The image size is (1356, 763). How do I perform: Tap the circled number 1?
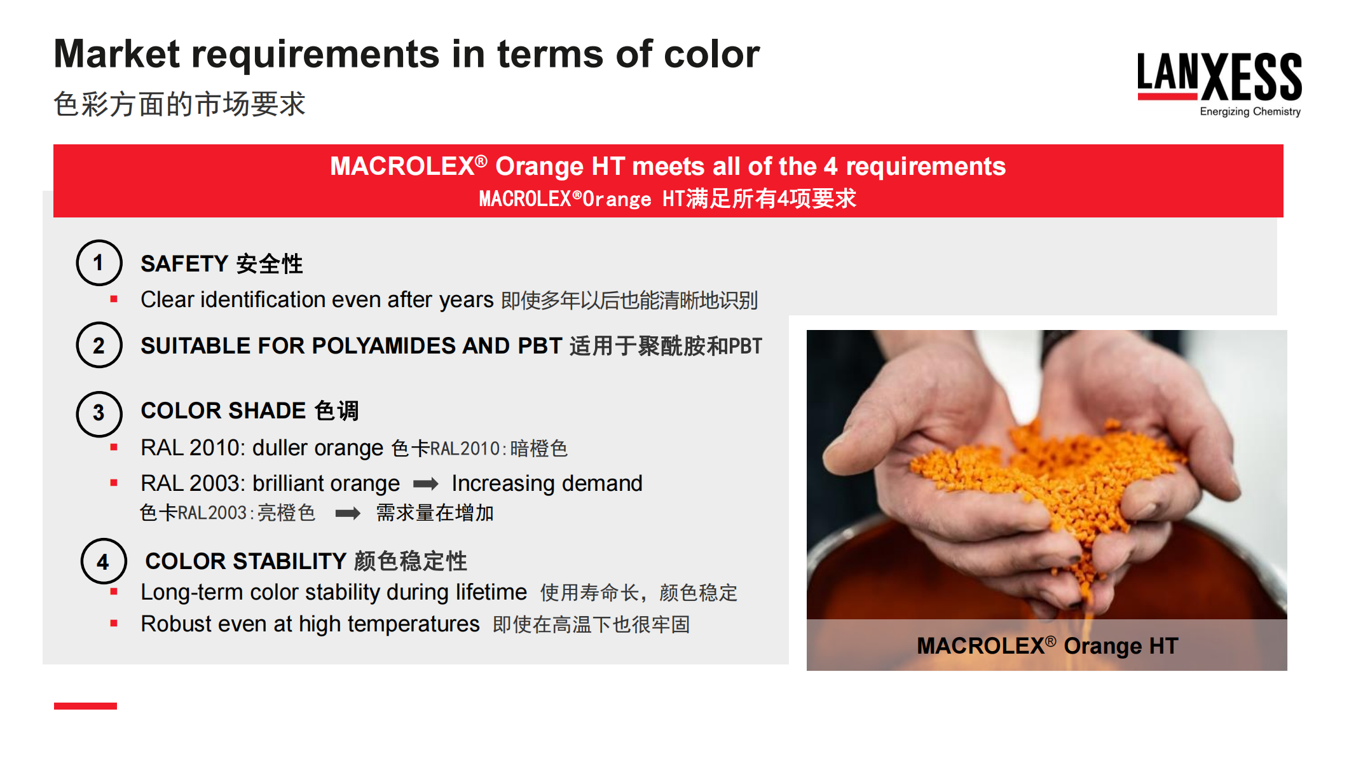pyautogui.click(x=99, y=263)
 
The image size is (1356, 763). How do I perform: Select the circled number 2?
pyautogui.click(x=99, y=345)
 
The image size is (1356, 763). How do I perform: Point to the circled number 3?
pyautogui.click(x=99, y=413)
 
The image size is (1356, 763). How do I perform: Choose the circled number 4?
pyautogui.click(x=103, y=561)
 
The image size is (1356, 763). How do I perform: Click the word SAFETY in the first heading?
pyautogui.click(x=184, y=264)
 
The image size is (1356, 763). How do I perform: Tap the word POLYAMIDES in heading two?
pyautogui.click(x=383, y=346)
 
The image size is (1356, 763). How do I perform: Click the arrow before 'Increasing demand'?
pyautogui.click(x=425, y=485)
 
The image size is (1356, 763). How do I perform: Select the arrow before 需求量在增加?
pyautogui.click(x=348, y=513)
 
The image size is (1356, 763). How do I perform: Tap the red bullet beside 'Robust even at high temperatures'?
pyautogui.click(x=114, y=624)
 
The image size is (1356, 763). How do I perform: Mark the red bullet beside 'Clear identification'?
pyautogui.click(x=114, y=299)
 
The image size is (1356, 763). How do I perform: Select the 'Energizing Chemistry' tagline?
pyautogui.click(x=1250, y=112)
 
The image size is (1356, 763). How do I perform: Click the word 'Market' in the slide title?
pyautogui.click(x=117, y=54)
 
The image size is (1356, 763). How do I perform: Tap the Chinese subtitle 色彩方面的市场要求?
pyautogui.click(x=179, y=104)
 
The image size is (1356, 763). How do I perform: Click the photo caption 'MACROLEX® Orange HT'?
pyautogui.click(x=1047, y=646)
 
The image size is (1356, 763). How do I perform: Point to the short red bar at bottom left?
pyautogui.click(x=85, y=706)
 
